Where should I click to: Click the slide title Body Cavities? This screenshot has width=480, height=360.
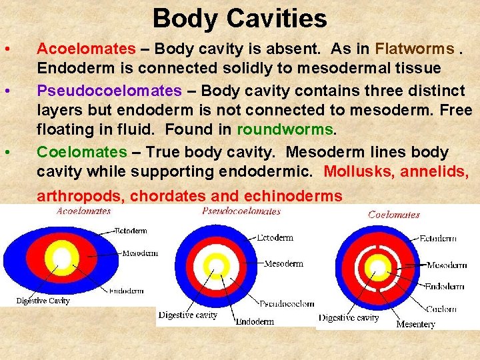pyautogui.click(x=239, y=18)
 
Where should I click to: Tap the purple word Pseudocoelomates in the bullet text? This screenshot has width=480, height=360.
pyautogui.click(x=109, y=90)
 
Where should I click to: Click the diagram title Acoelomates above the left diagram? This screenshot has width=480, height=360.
pyautogui.click(x=84, y=211)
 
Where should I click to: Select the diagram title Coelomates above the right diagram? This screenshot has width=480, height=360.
pyautogui.click(x=394, y=215)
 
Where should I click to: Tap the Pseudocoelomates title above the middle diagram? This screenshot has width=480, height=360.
pyautogui.click(x=241, y=211)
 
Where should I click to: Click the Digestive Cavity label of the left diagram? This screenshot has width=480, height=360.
pyautogui.click(x=43, y=301)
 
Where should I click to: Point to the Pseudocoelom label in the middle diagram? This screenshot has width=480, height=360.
pyautogui.click(x=287, y=304)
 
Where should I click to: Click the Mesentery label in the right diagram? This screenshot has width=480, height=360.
pyautogui.click(x=415, y=324)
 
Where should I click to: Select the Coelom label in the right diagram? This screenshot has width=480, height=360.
pyautogui.click(x=441, y=309)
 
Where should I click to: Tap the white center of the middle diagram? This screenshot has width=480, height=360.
pyautogui.click(x=215, y=266)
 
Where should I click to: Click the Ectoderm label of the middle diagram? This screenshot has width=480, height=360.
pyautogui.click(x=275, y=237)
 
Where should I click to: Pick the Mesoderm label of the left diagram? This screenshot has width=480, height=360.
pyautogui.click(x=140, y=253)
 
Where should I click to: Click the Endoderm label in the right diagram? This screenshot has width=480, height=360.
pyautogui.click(x=445, y=287)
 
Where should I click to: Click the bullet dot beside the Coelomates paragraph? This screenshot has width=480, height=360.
pyautogui.click(x=6, y=153)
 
